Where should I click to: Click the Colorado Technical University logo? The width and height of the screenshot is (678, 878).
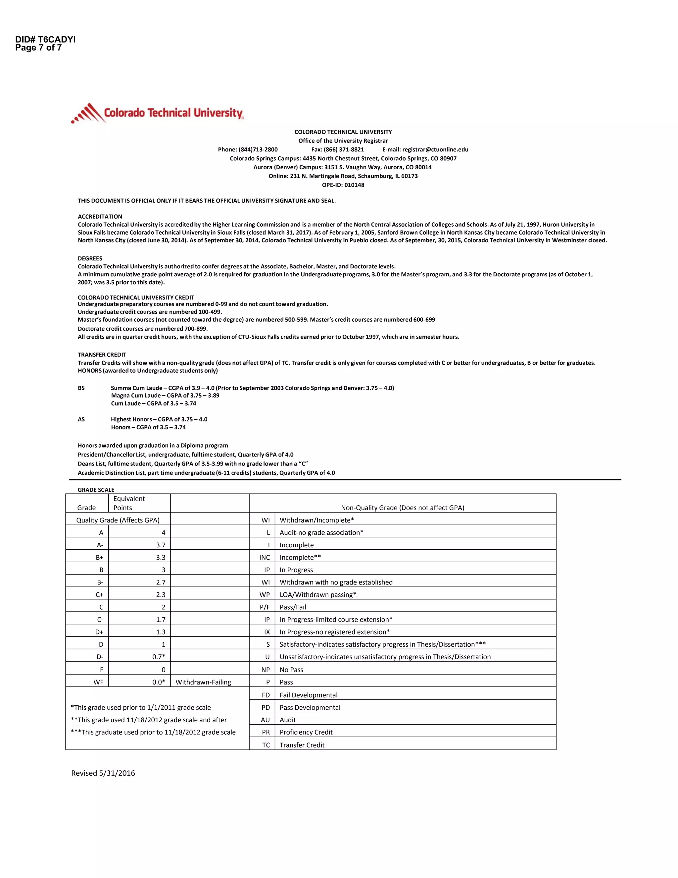pyautogui.click(x=158, y=113)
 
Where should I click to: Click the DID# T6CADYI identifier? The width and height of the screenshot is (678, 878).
pyautogui.click(x=45, y=39)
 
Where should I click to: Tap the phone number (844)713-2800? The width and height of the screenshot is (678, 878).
pyautogui.click(x=258, y=149)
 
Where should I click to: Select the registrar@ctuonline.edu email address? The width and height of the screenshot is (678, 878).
pyautogui.click(x=435, y=149)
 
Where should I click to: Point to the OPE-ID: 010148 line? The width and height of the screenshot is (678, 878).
pyautogui.click(x=343, y=185)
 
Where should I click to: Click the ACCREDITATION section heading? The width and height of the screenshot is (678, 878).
pyautogui.click(x=100, y=216)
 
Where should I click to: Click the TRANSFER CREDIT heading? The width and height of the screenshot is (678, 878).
pyautogui.click(x=102, y=355)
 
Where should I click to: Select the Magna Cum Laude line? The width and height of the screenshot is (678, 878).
pyautogui.click(x=165, y=396)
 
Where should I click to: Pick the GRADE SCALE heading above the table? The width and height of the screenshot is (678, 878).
pyautogui.click(x=96, y=490)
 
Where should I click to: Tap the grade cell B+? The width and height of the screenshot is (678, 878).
pyautogui.click(x=100, y=558)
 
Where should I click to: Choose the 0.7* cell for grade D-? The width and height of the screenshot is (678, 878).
pyautogui.click(x=159, y=657)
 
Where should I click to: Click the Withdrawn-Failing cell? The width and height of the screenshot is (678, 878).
pyautogui.click(x=203, y=682)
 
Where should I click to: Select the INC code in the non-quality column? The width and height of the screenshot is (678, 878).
pyautogui.click(x=265, y=558)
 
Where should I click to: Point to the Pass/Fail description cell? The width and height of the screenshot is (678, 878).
pyautogui.click(x=293, y=607)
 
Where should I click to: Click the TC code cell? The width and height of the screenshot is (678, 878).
pyautogui.click(x=266, y=745)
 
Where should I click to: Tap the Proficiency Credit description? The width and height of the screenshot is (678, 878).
pyautogui.click(x=306, y=732)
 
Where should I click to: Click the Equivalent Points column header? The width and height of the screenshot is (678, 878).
pyautogui.click(x=129, y=503)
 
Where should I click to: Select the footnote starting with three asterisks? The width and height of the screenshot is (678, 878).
pyautogui.click(x=153, y=732)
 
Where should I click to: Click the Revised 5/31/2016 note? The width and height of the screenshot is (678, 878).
pyautogui.click(x=103, y=773)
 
